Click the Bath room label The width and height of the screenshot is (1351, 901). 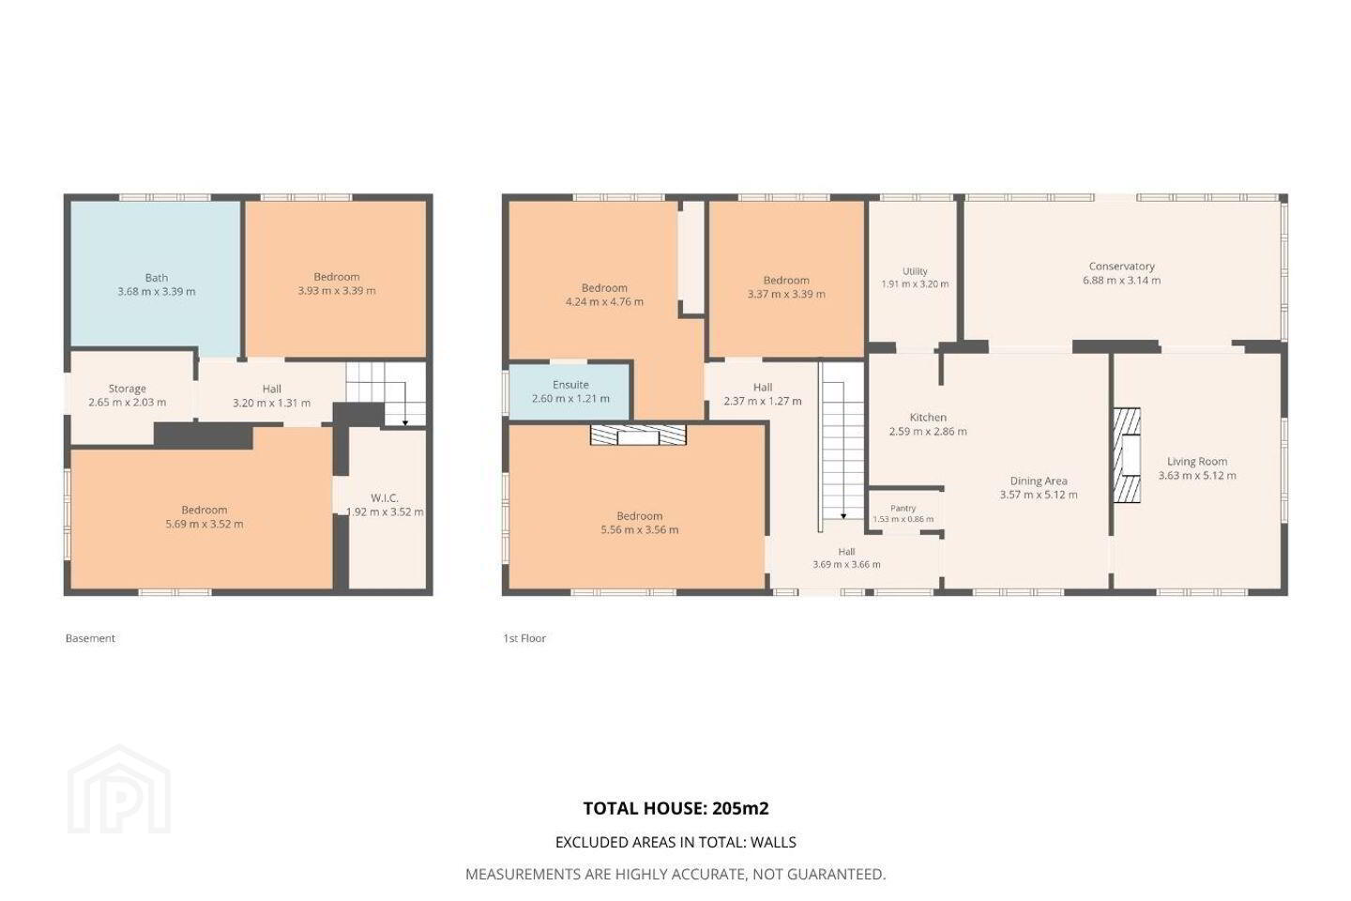pos(156,278)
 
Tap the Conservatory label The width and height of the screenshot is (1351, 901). pos(1121,267)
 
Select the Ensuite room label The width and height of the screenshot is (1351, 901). pos(570,385)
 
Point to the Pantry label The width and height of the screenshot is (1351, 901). pos(903,508)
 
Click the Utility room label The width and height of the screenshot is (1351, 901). pos(915,271)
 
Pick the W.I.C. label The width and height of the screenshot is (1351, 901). pos(385,497)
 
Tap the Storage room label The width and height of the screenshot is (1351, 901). pos(128,389)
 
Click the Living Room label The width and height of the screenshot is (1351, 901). pos(1196,461)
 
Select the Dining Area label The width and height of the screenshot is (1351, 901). pos(1039,481)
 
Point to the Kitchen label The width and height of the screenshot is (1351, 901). pos(928,417)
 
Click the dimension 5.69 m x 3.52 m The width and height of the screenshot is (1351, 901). pos(205,524)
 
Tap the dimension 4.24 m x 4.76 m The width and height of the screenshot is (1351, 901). pos(604,302)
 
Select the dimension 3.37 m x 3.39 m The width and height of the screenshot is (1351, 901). pos(786,294)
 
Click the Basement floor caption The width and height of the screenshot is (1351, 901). pos(90,638)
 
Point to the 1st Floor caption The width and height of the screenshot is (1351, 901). pos(524,638)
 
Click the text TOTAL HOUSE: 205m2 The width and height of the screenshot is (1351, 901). pos(675,808)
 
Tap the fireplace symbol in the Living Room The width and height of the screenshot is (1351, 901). pos(1127,455)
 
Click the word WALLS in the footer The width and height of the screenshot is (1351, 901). pos(773,842)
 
